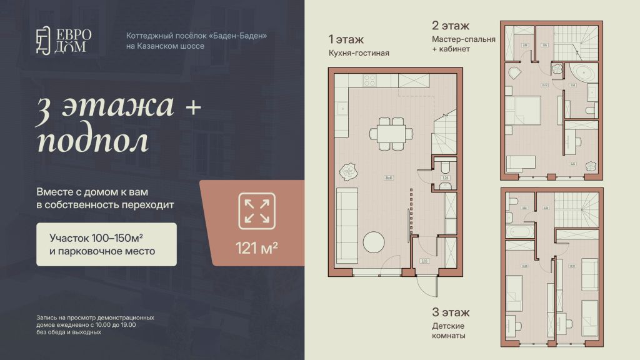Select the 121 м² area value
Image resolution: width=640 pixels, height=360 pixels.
click(x=257, y=247)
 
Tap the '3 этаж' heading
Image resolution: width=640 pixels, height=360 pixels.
click(x=450, y=312)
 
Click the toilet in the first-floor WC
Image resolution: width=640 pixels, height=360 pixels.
click(x=445, y=168)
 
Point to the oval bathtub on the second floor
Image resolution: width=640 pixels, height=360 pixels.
click(x=584, y=73)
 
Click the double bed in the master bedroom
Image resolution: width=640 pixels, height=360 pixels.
click(x=523, y=110)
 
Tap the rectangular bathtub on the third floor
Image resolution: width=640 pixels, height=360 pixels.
click(x=519, y=232)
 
